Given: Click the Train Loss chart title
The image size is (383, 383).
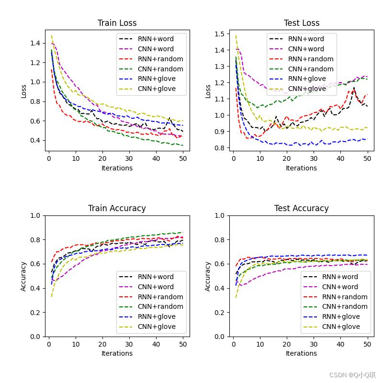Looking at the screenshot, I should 117,23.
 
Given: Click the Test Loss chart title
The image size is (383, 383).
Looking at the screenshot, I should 301,23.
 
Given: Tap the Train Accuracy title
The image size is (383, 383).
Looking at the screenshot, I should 117,208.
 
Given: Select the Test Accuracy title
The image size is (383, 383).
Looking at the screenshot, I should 301,208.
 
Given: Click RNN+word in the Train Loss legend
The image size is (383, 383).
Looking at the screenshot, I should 156,39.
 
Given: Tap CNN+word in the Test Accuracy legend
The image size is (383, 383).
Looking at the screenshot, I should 340,287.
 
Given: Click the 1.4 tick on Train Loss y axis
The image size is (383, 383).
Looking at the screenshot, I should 35,43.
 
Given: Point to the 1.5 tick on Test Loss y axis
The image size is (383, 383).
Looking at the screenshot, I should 220,34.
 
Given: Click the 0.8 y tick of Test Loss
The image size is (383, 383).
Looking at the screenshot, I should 220,148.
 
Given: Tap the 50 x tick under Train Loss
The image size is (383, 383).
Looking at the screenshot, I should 183,158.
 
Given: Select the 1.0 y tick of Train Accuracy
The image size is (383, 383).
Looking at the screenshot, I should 35,215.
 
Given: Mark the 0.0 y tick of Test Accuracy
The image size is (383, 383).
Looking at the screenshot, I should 220,337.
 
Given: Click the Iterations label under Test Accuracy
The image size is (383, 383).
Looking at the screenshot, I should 301,353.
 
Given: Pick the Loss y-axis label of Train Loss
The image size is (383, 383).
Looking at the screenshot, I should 24,91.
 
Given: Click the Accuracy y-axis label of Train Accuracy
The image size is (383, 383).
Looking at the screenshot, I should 24,276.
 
